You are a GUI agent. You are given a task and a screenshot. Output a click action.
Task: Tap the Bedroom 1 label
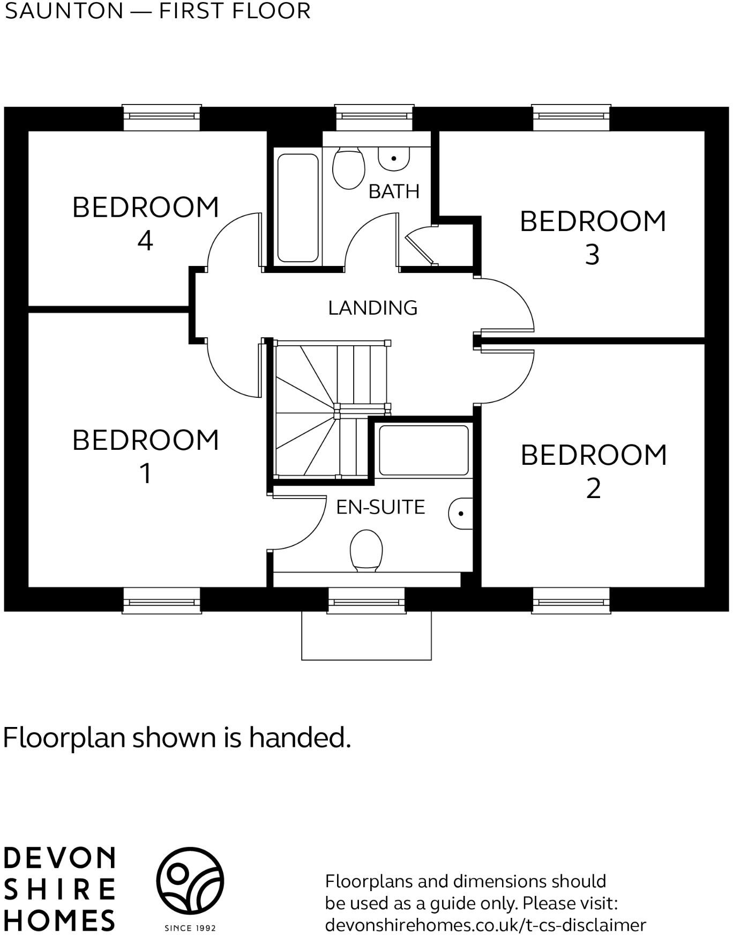pyautogui.click(x=146, y=456)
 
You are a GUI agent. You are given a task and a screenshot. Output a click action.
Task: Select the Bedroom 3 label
pyautogui.click(x=593, y=237)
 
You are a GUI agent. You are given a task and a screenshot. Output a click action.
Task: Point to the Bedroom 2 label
pyautogui.click(x=594, y=471)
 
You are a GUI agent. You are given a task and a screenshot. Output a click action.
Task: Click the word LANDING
pyautogui.click(x=372, y=308)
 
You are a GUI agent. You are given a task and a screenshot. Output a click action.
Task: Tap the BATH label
pyautogui.click(x=394, y=191)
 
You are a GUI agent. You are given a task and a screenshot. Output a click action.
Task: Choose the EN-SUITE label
pyautogui.click(x=380, y=507)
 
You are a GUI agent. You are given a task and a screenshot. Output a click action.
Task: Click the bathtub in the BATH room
pyautogui.click(x=298, y=208)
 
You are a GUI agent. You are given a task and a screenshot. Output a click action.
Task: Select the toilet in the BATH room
pyautogui.click(x=348, y=168)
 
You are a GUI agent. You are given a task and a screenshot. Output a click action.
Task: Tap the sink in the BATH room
pyautogui.click(x=394, y=158)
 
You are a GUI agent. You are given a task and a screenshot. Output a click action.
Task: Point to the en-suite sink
pyautogui.click(x=461, y=513)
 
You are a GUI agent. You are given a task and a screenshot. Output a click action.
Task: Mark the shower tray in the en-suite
pyautogui.click(x=423, y=450)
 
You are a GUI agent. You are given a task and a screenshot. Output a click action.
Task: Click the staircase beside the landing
pyautogui.click(x=327, y=410)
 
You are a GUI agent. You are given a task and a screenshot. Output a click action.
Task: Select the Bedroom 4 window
pyautogui.click(x=162, y=117)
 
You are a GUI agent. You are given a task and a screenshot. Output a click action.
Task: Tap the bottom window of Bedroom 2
pyautogui.click(x=571, y=601)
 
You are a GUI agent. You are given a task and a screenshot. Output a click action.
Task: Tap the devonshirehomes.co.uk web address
pyautogui.click(x=485, y=925)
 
